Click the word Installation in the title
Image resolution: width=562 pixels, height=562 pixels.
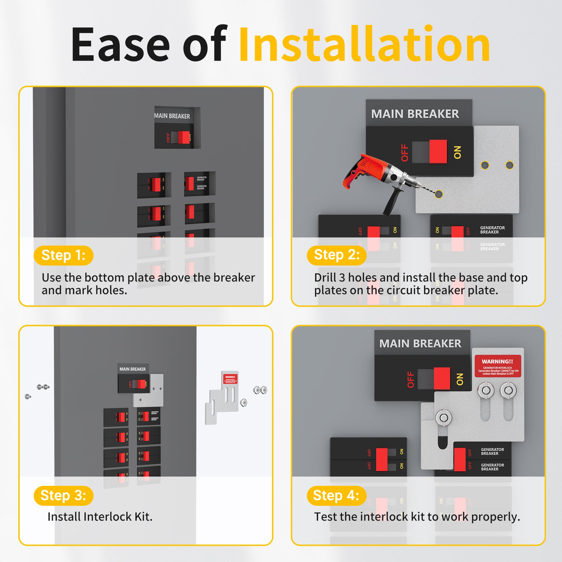pos(364,44)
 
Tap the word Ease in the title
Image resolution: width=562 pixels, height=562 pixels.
pos(120,44)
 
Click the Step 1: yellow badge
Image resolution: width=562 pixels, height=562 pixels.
pos(63,255)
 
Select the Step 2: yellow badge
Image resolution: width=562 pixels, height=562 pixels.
pos(336,255)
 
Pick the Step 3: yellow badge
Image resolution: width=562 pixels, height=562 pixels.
pos(63,495)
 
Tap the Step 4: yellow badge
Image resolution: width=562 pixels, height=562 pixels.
pos(336,495)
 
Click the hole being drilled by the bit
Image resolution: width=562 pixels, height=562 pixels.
pos(439,194)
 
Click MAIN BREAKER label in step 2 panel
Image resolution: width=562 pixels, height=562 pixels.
pos(415,114)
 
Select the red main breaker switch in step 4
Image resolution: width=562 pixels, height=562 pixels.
pos(442,378)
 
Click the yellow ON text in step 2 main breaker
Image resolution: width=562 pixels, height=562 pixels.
pos(457,152)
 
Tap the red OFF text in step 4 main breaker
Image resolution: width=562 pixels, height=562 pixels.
pos(411,379)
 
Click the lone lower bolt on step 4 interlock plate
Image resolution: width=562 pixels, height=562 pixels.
pos(444,417)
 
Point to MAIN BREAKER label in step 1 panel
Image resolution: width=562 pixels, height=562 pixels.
pos(172,116)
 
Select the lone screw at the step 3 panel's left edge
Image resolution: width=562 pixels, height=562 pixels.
pos(28,397)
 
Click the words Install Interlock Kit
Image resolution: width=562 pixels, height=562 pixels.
pos(100,517)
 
